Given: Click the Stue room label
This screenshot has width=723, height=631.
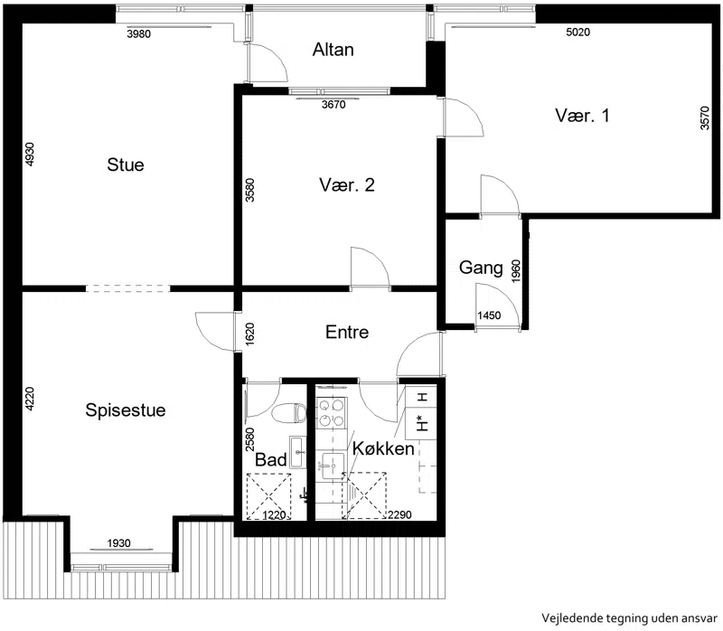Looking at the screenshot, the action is pos(126,165).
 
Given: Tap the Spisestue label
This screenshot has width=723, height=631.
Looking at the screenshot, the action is pos(126,410).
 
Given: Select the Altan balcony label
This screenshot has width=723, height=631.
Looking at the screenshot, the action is pos(333,50).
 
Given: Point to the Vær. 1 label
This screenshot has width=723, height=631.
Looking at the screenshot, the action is pos(582,116).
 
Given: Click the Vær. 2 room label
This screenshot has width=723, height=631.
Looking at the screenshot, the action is pos(347,185).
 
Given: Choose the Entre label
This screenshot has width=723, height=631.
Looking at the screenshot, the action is pos(347,332).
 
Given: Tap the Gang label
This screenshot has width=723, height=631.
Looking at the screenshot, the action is pos(481,268).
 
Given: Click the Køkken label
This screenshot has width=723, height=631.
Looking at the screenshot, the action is pos(383,448).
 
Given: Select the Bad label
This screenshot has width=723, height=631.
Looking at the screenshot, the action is pos(271,460).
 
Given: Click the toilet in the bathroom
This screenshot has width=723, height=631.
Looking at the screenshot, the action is pos(289,413).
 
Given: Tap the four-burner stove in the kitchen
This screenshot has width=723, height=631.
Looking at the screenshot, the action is pos(332,412).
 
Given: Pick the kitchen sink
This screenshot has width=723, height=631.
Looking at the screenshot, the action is pos(333,465).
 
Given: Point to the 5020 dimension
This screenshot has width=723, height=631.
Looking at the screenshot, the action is pos(577,32).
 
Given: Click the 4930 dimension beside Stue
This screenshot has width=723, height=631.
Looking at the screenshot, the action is pos(29,154).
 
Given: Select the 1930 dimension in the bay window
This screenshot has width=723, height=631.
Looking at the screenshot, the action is pos(119,543).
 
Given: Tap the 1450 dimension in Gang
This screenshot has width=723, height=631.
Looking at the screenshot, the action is pos(489,315).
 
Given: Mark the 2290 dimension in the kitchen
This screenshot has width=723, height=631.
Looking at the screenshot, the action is pos(399,514).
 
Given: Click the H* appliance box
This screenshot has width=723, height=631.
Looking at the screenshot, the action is pos(420,423).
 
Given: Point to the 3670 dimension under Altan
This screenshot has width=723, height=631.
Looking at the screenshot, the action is pos(333,105).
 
